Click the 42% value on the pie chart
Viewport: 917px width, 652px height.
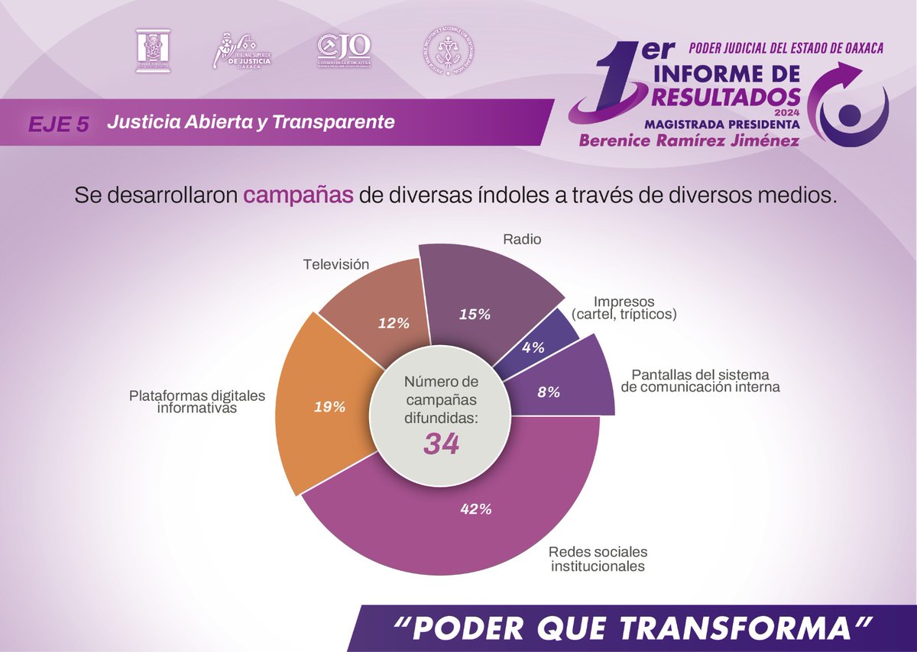(475, 510)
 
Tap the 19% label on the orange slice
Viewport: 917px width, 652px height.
(330, 407)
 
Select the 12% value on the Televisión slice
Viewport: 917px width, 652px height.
(394, 323)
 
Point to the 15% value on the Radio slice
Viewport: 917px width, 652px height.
(475, 313)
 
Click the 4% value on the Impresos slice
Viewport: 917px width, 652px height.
(533, 347)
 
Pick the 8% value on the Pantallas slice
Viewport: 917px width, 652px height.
(549, 392)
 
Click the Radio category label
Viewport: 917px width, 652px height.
(522, 240)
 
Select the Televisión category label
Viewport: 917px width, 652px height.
(336, 265)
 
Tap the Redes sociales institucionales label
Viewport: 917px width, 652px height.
(598, 559)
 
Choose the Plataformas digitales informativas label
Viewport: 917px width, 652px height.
(196, 402)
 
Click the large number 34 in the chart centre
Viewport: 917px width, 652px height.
(442, 444)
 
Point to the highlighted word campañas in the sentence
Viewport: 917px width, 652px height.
(299, 195)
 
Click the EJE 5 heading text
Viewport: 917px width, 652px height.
(59, 124)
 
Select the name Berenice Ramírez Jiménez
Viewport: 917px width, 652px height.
(689, 140)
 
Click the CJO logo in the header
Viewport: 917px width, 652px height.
(343, 52)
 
